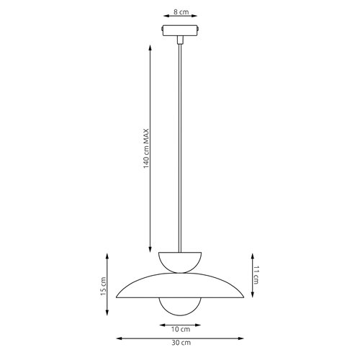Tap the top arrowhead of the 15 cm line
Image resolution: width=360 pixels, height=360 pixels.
[x=108, y=255]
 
